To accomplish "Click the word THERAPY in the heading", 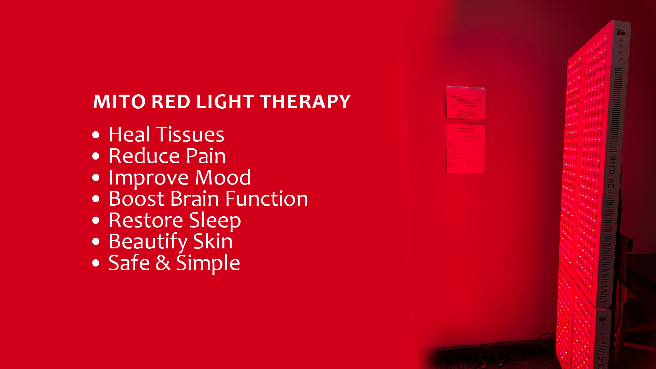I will click(x=305, y=102).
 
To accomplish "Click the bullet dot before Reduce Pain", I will click(x=96, y=156).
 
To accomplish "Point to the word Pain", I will click(x=206, y=156).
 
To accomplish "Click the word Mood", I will click(x=223, y=178).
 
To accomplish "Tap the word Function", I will click(x=266, y=199).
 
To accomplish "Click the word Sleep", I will click(x=215, y=221).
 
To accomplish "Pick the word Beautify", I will click(x=148, y=242).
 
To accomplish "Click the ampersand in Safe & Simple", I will click(x=163, y=263).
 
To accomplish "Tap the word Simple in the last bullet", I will click(x=208, y=263).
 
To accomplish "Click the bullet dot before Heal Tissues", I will click(x=96, y=135).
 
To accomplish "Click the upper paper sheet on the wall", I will click(x=466, y=103).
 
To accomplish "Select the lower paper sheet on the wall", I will click(x=465, y=149).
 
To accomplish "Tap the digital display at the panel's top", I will click(x=621, y=33).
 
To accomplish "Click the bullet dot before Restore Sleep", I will click(x=96, y=220).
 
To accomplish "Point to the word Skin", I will click(x=213, y=242).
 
